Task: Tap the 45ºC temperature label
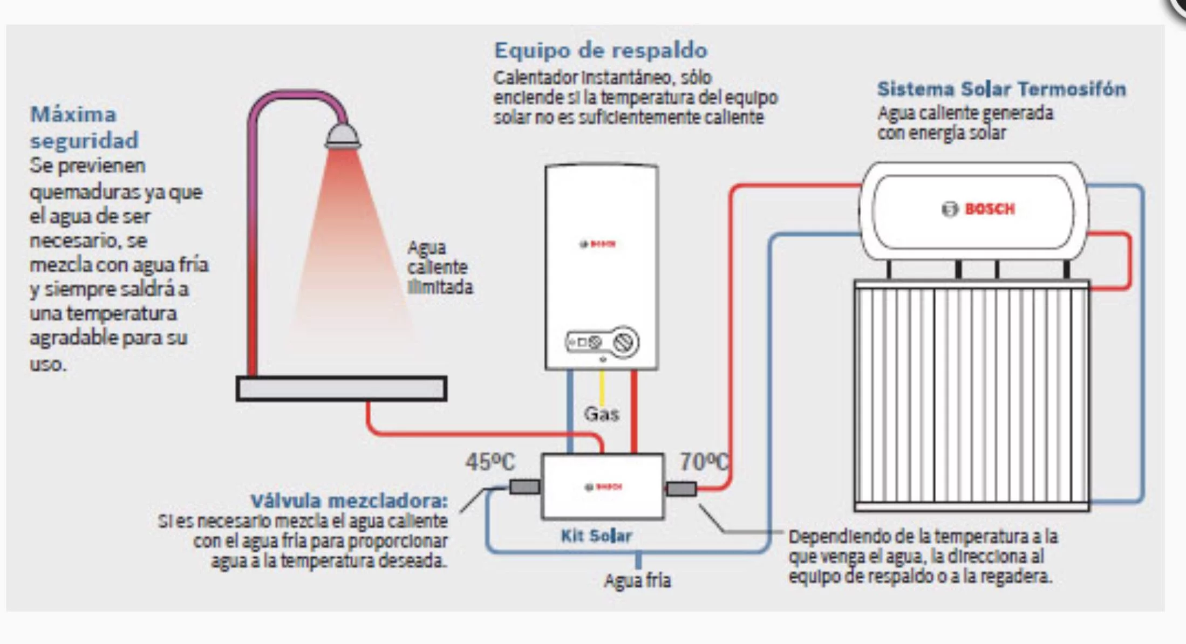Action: [490, 462]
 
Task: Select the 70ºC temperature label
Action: [703, 462]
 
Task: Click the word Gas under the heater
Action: [601, 414]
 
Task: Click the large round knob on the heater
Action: [625, 342]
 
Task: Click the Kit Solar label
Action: [596, 536]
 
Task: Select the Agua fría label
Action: [637, 580]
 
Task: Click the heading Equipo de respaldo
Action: [601, 51]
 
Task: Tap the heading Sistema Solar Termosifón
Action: [1001, 89]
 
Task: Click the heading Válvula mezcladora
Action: [349, 501]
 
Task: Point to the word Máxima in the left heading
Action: [73, 114]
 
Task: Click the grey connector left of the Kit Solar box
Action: [524, 487]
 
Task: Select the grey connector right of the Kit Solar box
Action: [681, 489]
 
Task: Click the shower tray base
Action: [341, 388]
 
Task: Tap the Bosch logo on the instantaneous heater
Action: [597, 244]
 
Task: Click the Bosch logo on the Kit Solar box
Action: [603, 487]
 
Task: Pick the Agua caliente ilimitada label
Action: [439, 268]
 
